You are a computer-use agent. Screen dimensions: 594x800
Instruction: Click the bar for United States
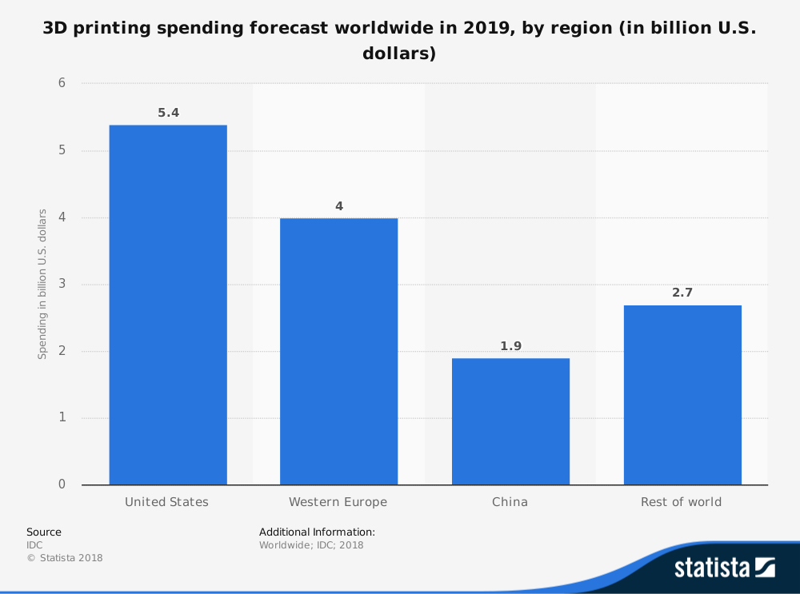tap(168, 305)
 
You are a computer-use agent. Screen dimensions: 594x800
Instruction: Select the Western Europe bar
tap(338, 351)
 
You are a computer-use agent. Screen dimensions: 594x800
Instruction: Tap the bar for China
tap(510, 421)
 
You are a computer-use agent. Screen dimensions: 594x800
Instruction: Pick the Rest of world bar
tap(682, 395)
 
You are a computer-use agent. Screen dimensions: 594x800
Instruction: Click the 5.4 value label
tap(168, 113)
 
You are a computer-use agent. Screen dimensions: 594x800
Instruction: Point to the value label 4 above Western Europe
tap(338, 206)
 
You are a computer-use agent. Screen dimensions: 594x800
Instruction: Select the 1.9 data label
tap(510, 346)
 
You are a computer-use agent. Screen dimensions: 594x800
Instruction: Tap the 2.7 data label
tap(682, 293)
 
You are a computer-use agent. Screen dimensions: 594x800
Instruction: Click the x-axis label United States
tap(166, 502)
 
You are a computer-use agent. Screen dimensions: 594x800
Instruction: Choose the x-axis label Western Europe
tap(338, 502)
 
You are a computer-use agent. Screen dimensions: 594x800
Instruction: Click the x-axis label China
tap(510, 502)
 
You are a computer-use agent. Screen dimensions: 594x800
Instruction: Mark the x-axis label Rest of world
tap(681, 502)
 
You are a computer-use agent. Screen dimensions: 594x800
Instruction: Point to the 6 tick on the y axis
tap(62, 84)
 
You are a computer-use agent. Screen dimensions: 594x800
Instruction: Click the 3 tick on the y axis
tap(62, 285)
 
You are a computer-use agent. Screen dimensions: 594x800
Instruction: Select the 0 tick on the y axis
tap(62, 484)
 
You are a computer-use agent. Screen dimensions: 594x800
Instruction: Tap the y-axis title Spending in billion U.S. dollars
tap(42, 284)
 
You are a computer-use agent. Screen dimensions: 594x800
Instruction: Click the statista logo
tap(724, 568)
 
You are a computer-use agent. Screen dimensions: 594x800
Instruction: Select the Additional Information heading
tap(317, 532)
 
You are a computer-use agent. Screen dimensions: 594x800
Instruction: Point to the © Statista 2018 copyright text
tap(65, 558)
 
